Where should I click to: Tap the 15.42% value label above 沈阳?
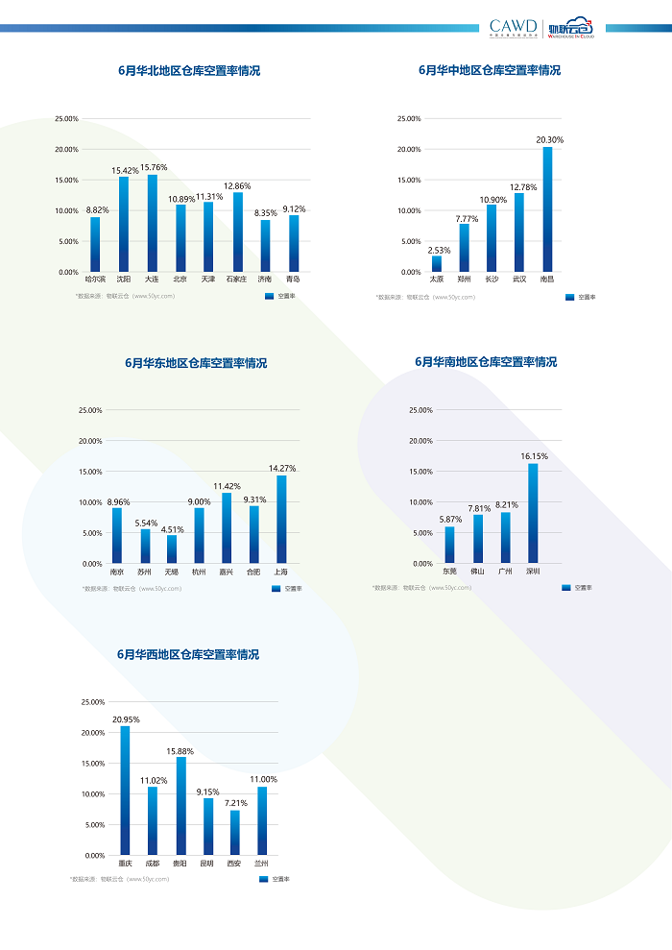(124, 171)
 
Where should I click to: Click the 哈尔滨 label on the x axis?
(95, 280)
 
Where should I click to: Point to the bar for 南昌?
(547, 209)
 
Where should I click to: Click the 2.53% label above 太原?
(438, 250)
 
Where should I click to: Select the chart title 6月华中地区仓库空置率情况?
(490, 71)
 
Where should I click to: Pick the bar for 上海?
(281, 519)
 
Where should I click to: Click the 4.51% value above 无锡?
(172, 529)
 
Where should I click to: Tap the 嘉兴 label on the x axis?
(226, 572)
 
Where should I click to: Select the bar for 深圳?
(533, 513)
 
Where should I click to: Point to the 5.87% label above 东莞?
(450, 520)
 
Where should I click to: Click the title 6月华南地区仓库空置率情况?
(486, 362)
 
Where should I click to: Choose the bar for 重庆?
(125, 791)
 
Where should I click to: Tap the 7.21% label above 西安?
(235, 803)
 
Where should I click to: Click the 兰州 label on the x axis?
(261, 863)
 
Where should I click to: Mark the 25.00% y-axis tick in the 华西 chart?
(92, 702)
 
